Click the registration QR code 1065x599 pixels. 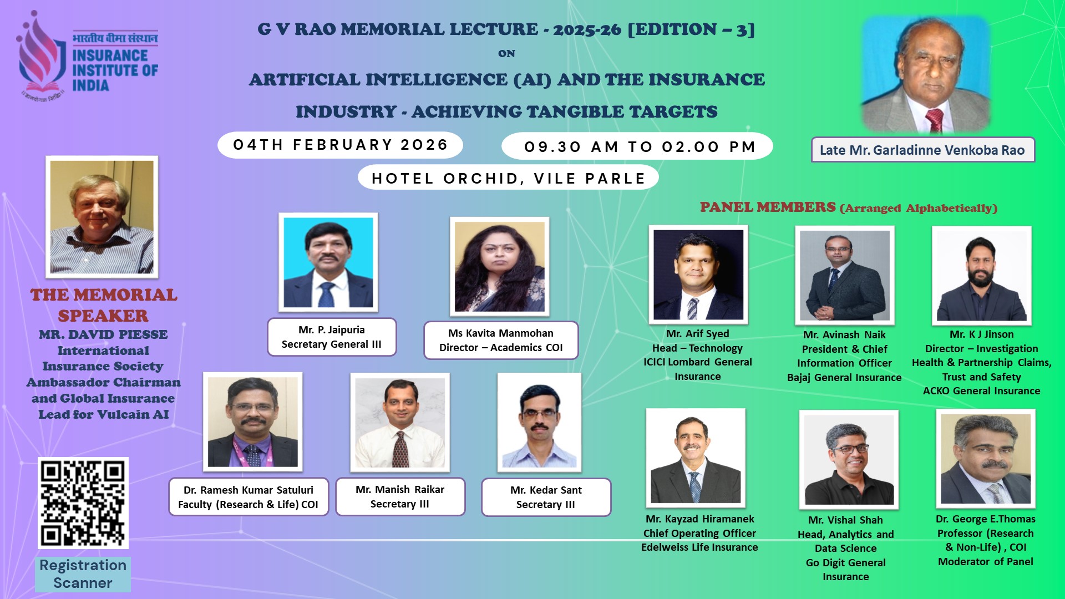(83, 503)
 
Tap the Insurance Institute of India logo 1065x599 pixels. (88, 55)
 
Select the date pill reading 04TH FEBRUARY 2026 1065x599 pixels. (340, 145)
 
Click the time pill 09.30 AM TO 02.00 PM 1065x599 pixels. (637, 146)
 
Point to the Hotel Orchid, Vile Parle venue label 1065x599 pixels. (508, 178)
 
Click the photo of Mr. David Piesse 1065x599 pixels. (102, 217)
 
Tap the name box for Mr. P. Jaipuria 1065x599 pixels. (332, 337)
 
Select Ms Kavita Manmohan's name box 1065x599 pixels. (501, 340)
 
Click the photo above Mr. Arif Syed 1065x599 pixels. (698, 275)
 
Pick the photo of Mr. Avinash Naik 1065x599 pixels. (845, 275)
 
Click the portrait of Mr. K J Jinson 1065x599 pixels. (982, 275)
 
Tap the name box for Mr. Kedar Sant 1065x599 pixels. (546, 497)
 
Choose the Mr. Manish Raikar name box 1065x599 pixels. (400, 496)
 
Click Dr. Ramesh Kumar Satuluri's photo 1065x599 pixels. (253, 422)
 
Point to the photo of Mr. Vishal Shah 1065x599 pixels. (849, 460)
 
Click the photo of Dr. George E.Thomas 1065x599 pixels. (986, 459)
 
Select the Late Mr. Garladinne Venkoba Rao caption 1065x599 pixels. (923, 150)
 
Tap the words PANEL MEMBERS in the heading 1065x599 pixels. (768, 207)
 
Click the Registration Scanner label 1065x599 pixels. (83, 574)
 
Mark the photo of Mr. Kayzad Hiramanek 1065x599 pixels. (696, 458)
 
